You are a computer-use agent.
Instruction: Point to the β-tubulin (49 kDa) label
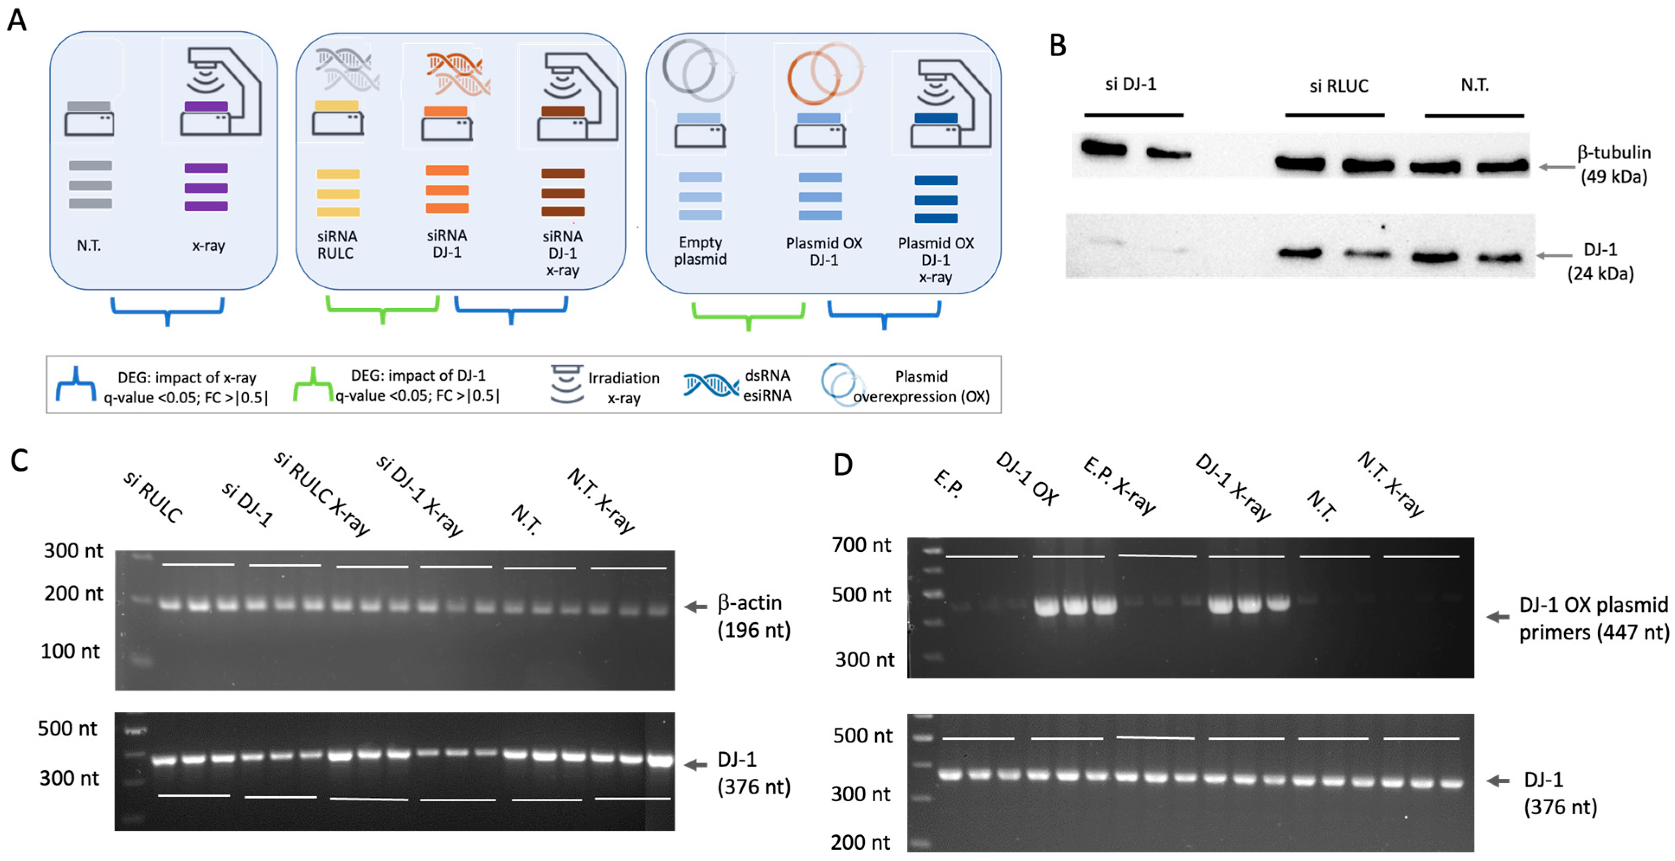(x=1614, y=164)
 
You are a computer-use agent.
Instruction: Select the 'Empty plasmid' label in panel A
(x=700, y=251)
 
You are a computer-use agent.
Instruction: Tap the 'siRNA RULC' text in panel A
(x=337, y=244)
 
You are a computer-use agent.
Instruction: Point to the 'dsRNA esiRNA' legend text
(x=767, y=385)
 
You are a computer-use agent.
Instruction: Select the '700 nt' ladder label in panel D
(x=861, y=545)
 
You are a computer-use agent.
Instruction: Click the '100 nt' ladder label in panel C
(x=70, y=651)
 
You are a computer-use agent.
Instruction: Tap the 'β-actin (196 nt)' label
(x=753, y=616)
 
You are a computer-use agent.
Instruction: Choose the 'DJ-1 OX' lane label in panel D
(x=1027, y=479)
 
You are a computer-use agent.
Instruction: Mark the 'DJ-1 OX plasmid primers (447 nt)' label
(x=1593, y=618)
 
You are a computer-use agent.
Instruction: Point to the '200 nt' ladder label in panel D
(x=860, y=842)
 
